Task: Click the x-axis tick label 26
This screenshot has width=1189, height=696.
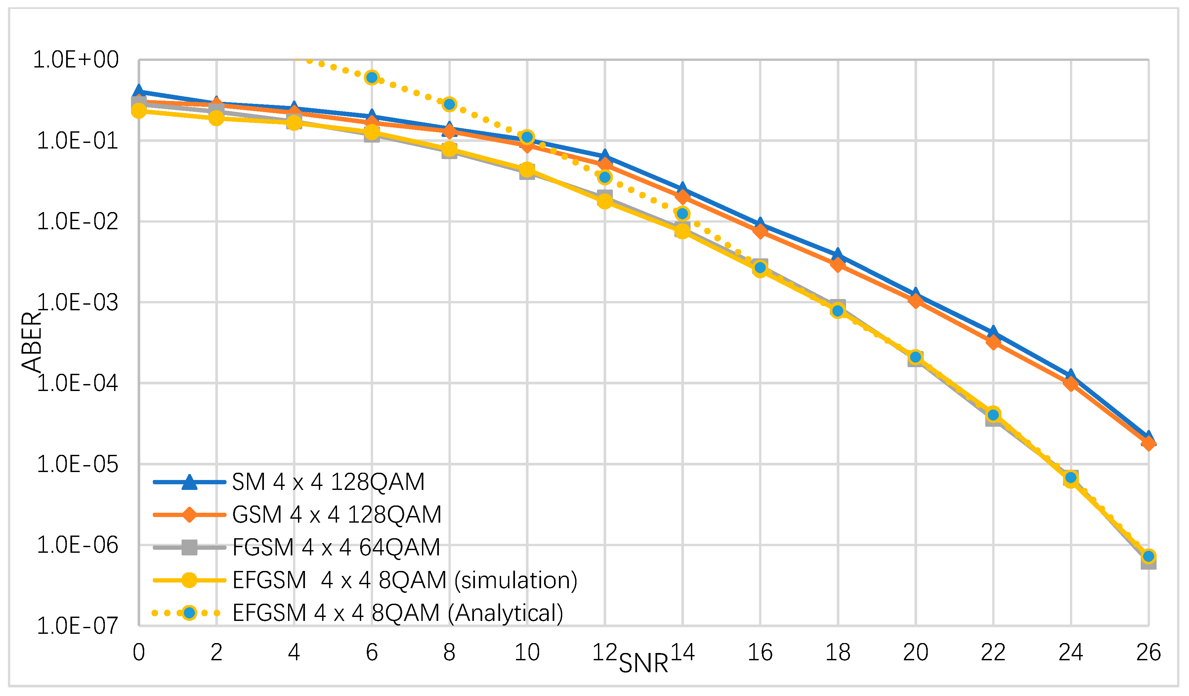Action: click(x=1148, y=653)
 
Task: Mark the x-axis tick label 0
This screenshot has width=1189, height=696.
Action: click(x=139, y=653)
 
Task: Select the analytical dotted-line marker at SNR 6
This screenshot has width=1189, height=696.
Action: click(x=372, y=77)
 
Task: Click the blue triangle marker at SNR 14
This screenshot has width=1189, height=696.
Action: click(x=682, y=189)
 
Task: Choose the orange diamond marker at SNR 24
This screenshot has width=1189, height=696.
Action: click(x=1071, y=383)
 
